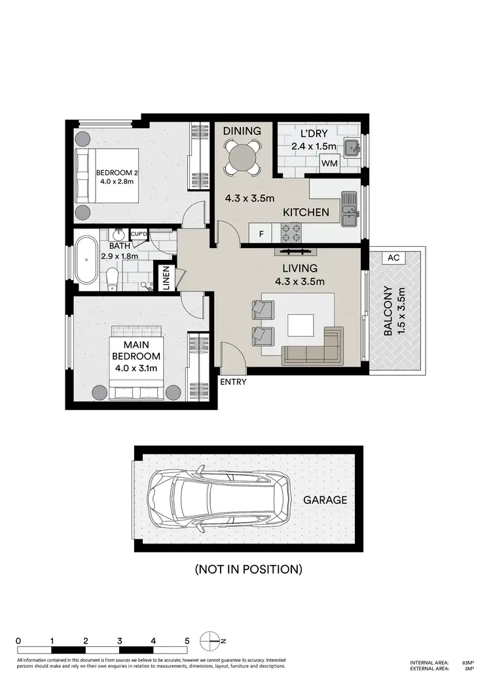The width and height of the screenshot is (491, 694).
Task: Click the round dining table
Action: pos(242,157)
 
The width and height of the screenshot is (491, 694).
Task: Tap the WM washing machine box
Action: pos(330,164)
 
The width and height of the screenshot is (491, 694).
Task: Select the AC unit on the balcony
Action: pos(393,258)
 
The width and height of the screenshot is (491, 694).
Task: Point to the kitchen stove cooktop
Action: pos(291,232)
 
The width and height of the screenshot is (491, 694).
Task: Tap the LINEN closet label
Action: pos(166,278)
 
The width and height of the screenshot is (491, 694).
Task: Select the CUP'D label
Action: pos(139,234)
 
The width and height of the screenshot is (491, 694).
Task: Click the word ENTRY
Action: pos(233,382)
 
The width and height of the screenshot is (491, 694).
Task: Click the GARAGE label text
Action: pos(325,500)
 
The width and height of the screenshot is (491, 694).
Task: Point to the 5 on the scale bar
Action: pos(187,640)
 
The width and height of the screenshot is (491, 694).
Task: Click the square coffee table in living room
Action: pos(301,325)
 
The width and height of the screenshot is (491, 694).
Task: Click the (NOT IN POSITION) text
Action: pos(248,569)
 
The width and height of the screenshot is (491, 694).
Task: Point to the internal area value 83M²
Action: pos(467,663)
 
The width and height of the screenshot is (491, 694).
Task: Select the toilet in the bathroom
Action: pos(112,280)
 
